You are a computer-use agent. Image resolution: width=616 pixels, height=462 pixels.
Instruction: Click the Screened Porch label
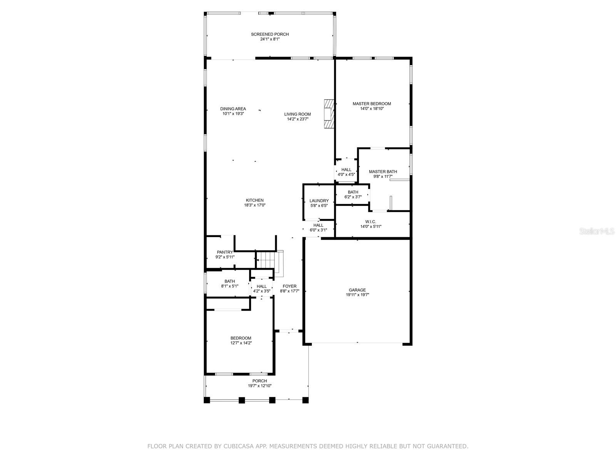click(270, 34)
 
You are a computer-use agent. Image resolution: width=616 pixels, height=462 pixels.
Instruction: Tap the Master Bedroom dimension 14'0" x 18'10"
click(372, 109)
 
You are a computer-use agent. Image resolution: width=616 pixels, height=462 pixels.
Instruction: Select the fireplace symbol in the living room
click(329, 114)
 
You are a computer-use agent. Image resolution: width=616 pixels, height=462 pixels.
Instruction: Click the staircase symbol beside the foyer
click(270, 262)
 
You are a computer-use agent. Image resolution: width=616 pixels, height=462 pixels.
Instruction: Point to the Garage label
click(357, 290)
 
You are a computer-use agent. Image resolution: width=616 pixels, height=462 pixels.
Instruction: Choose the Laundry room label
click(319, 201)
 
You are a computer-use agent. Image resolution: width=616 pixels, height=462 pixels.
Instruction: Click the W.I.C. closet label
click(371, 222)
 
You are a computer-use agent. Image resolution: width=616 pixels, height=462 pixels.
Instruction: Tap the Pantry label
click(225, 252)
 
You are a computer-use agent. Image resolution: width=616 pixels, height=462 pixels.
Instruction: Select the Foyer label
click(290, 286)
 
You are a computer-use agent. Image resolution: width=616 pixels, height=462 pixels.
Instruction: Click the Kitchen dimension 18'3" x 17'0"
click(255, 205)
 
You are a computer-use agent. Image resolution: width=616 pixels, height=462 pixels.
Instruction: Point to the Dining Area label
click(233, 109)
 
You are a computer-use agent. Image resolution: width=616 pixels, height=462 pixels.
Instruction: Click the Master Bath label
click(383, 172)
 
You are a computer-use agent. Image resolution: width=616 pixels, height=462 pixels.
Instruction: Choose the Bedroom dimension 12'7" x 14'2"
click(241, 343)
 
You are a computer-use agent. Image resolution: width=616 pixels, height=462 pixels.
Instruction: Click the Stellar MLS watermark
click(596, 231)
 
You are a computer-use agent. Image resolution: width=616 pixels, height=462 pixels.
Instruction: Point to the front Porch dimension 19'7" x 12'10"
click(259, 386)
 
